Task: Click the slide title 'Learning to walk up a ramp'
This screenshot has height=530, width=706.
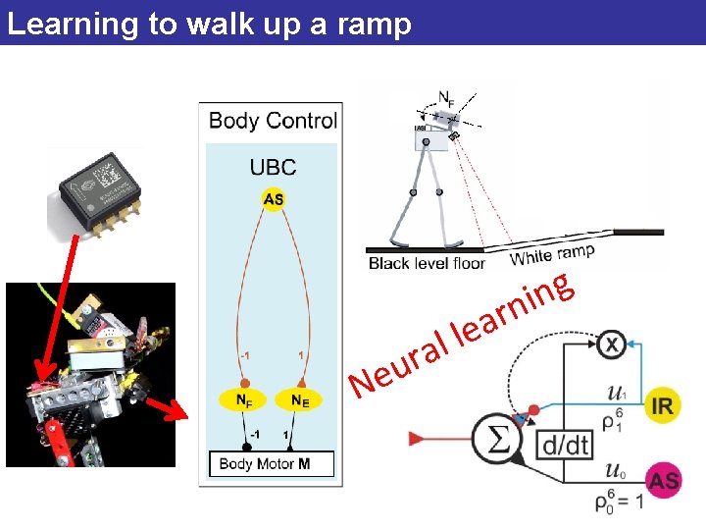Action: (209, 24)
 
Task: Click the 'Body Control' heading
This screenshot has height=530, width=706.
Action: (273, 121)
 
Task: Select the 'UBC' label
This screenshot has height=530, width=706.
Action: (273, 168)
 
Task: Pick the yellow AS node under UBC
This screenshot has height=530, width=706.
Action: (274, 199)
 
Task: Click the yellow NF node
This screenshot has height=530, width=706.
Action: (244, 399)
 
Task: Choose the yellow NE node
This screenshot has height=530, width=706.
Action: (301, 399)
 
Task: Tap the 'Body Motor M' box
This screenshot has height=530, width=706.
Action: (272, 463)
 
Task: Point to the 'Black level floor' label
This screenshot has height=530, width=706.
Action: (427, 263)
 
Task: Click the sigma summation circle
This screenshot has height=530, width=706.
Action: (497, 438)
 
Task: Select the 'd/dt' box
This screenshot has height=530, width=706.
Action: (566, 445)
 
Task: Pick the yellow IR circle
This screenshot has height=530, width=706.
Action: (664, 406)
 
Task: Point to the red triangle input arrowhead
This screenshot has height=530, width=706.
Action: (417, 437)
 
